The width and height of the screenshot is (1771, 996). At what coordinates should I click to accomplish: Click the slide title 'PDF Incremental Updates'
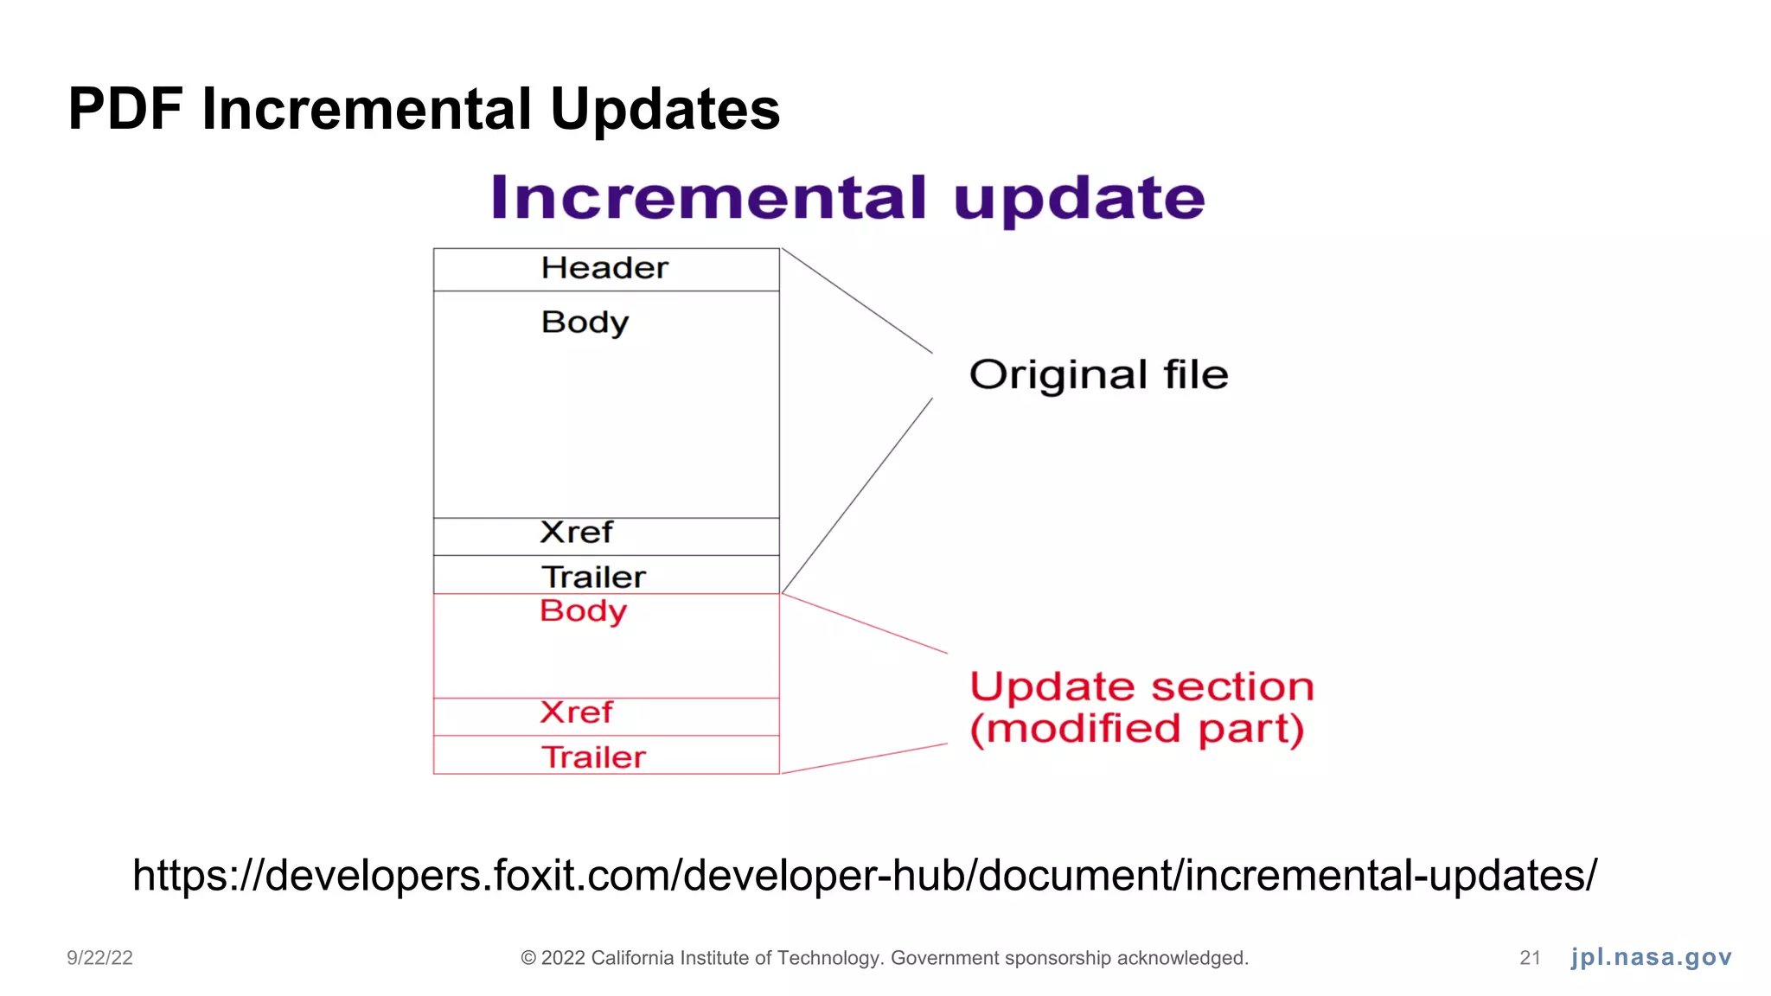pos(424,110)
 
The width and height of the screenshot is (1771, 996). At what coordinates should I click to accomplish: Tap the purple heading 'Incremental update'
pos(847,198)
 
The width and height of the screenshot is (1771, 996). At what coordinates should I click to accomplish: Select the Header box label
pos(604,268)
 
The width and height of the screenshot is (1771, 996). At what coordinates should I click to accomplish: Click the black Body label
pos(585,322)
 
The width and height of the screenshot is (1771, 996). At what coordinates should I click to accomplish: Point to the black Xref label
pos(576,533)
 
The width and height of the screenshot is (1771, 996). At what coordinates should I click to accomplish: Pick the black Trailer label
pos(593,577)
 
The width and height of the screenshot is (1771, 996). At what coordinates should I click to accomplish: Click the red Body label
pos(583,611)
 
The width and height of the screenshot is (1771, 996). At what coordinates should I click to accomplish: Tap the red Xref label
pos(576,712)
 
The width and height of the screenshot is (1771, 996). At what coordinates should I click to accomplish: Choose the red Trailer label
pos(593,757)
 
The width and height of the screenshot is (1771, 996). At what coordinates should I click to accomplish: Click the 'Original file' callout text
pos(1098,375)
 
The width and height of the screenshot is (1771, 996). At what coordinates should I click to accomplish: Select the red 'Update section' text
pos(1141,687)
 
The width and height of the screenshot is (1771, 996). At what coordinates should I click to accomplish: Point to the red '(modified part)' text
pos(1136,729)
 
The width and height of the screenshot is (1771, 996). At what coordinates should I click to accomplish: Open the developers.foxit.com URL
pos(865,875)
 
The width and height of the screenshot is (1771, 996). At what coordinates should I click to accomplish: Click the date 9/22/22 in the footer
pos(100,958)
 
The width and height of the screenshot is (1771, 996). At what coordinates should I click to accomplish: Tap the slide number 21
pos(1530,958)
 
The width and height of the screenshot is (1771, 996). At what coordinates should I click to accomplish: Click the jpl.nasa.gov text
pos(1651,957)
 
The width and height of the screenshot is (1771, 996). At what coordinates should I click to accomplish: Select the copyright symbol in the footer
pos(528,958)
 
